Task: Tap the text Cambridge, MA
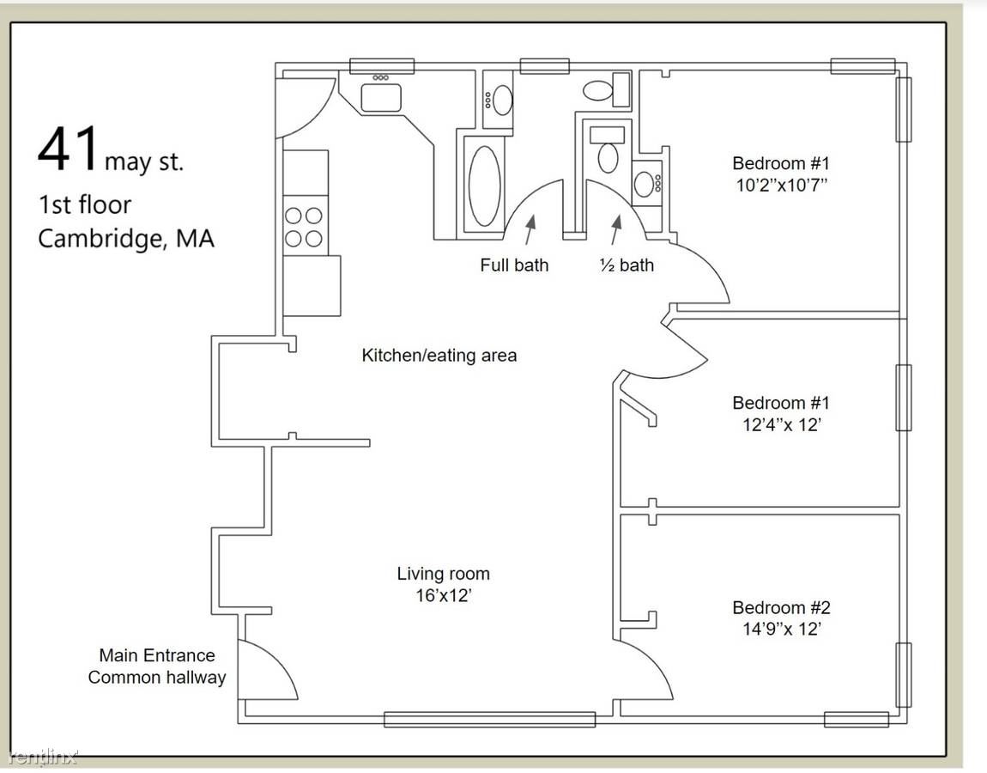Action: [x=126, y=239]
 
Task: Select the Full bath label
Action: [x=514, y=265]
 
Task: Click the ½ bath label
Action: [x=627, y=265]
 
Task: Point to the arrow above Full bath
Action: [x=530, y=229]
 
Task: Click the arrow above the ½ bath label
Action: [x=615, y=229]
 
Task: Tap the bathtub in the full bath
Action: [x=485, y=186]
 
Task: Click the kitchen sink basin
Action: [x=381, y=98]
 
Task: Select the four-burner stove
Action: [x=306, y=226]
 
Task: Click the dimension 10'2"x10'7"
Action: [x=781, y=186]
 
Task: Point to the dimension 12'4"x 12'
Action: [x=781, y=424]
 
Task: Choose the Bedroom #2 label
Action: [x=781, y=607]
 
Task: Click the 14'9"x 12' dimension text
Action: [x=781, y=629]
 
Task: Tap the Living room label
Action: [x=443, y=574]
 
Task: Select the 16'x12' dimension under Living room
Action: [x=444, y=595]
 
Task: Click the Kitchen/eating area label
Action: [x=439, y=356]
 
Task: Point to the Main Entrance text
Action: [x=157, y=655]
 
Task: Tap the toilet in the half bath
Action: [x=608, y=157]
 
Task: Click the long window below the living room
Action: [x=490, y=719]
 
